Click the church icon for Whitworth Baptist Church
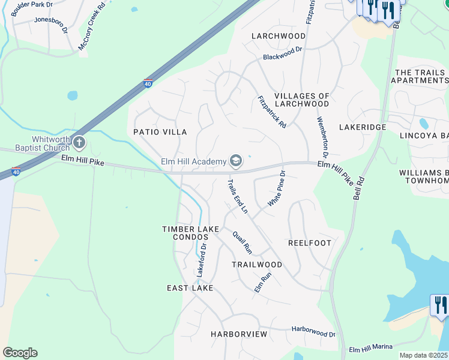(79, 143)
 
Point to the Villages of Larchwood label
(301, 100)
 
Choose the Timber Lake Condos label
(185, 233)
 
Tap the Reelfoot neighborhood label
(310, 243)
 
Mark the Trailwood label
(257, 265)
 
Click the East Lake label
(190, 289)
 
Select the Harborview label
(239, 334)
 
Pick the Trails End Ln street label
(237, 196)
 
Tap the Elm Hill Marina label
(371, 348)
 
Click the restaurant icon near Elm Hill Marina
(440, 305)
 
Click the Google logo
(20, 353)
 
